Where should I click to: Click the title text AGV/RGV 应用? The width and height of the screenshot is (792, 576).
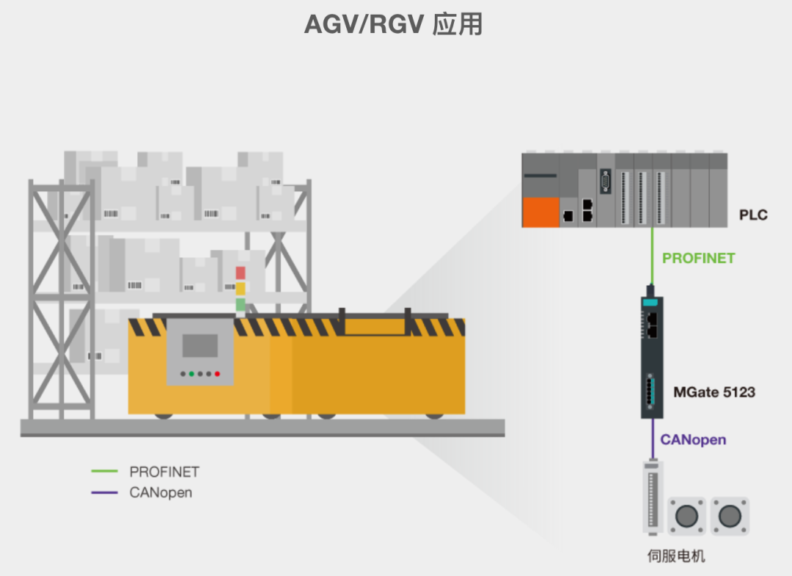coord(394,24)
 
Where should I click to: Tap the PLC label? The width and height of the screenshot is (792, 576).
coord(753,215)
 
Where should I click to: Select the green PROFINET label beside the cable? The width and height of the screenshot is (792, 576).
coord(698,258)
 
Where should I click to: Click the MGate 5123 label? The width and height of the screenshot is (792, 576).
coord(714,392)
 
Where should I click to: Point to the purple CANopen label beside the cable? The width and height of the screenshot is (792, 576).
coord(693,440)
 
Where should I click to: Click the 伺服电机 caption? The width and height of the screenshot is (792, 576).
coord(675,556)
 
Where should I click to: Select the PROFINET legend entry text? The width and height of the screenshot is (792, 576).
coord(164,472)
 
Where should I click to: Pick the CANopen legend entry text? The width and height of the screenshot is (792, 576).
coord(161,492)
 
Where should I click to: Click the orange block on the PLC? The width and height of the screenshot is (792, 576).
coord(540,212)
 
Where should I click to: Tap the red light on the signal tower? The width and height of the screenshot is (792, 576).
coord(241,273)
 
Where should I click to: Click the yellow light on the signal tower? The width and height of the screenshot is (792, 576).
coord(241,288)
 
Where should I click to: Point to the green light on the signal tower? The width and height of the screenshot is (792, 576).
coord(241,303)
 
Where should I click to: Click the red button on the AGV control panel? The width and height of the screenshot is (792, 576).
coord(217,374)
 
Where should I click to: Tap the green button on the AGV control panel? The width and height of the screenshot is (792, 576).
coord(191,374)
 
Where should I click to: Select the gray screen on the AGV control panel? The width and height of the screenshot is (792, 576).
coord(200,346)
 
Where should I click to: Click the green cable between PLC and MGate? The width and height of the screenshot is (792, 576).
coord(651,256)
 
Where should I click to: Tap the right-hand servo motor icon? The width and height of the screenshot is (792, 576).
coord(729,516)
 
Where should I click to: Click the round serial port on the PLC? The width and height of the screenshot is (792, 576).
coord(606,180)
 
